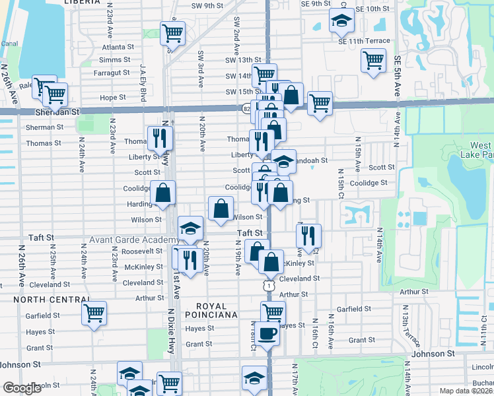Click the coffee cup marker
(267, 333)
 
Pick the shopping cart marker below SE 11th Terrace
(373, 60)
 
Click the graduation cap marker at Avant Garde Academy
(190, 228)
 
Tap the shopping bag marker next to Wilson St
(220, 209)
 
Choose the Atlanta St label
(118, 47)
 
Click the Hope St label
(112, 97)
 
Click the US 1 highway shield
(267, 286)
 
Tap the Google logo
(22, 388)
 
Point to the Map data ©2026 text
(466, 391)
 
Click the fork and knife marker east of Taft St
(308, 236)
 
